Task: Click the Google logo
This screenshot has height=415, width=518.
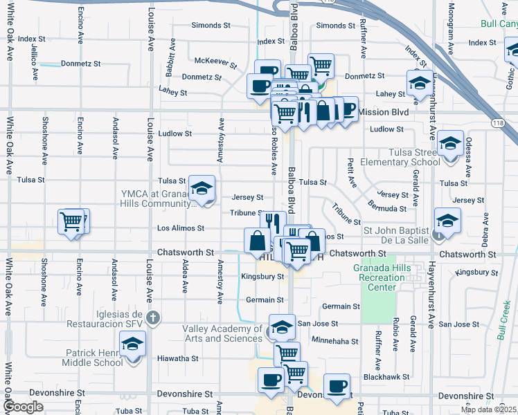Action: [23, 407]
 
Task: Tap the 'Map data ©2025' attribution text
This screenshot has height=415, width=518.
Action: [488, 409]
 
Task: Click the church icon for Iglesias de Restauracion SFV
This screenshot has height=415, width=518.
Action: [154, 319]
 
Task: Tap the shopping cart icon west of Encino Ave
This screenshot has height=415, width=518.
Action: [71, 221]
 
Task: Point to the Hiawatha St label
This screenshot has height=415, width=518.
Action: [177, 359]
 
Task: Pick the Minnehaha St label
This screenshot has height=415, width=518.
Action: [335, 341]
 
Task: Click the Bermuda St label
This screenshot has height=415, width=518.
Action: [387, 208]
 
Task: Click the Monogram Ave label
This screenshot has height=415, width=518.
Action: [452, 20]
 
